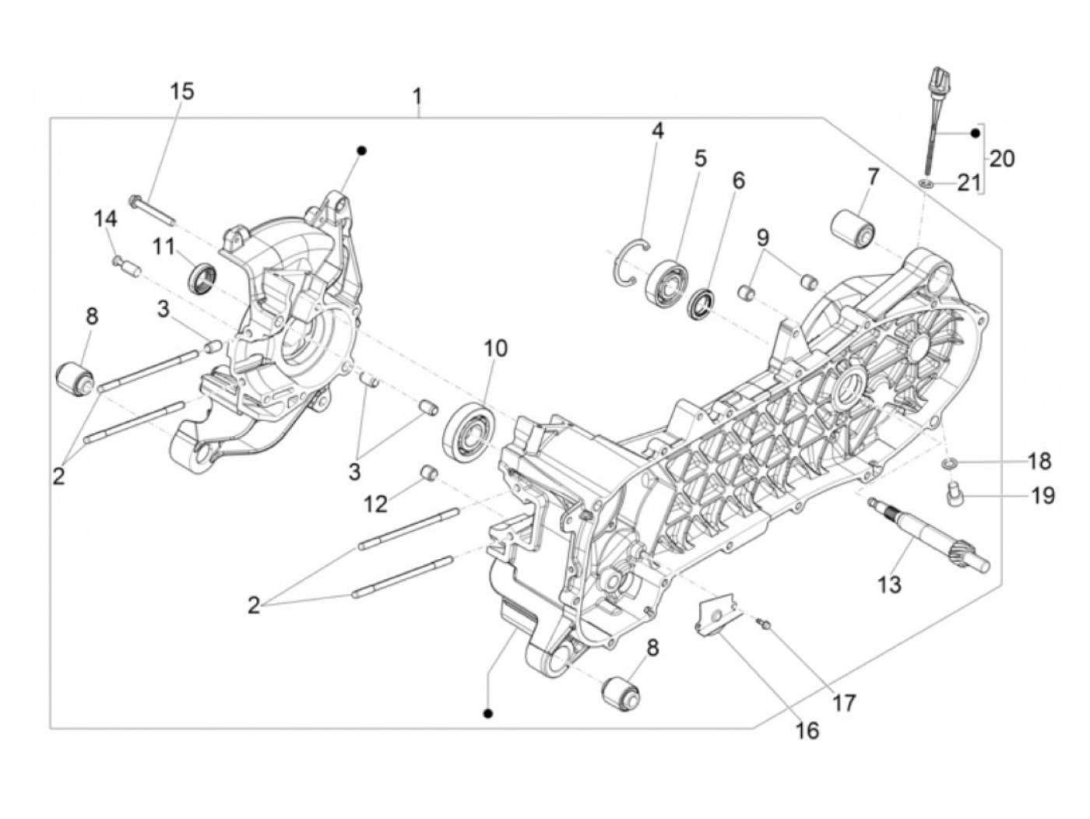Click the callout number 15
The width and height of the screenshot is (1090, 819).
point(182,91)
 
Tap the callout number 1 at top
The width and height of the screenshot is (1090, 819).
point(418,97)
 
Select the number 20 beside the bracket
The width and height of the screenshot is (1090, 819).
point(1001,159)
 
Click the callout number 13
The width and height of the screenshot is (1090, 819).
point(889,583)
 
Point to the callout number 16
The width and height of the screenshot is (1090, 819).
point(807,730)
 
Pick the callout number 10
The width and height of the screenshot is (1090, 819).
point(495,348)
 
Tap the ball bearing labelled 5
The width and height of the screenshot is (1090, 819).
point(666,282)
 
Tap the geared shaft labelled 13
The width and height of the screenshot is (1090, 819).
point(930,533)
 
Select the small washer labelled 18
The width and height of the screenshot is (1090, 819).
point(948,464)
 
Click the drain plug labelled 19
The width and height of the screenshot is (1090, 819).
point(952,494)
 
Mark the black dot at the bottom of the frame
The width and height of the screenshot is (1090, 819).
point(488,713)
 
